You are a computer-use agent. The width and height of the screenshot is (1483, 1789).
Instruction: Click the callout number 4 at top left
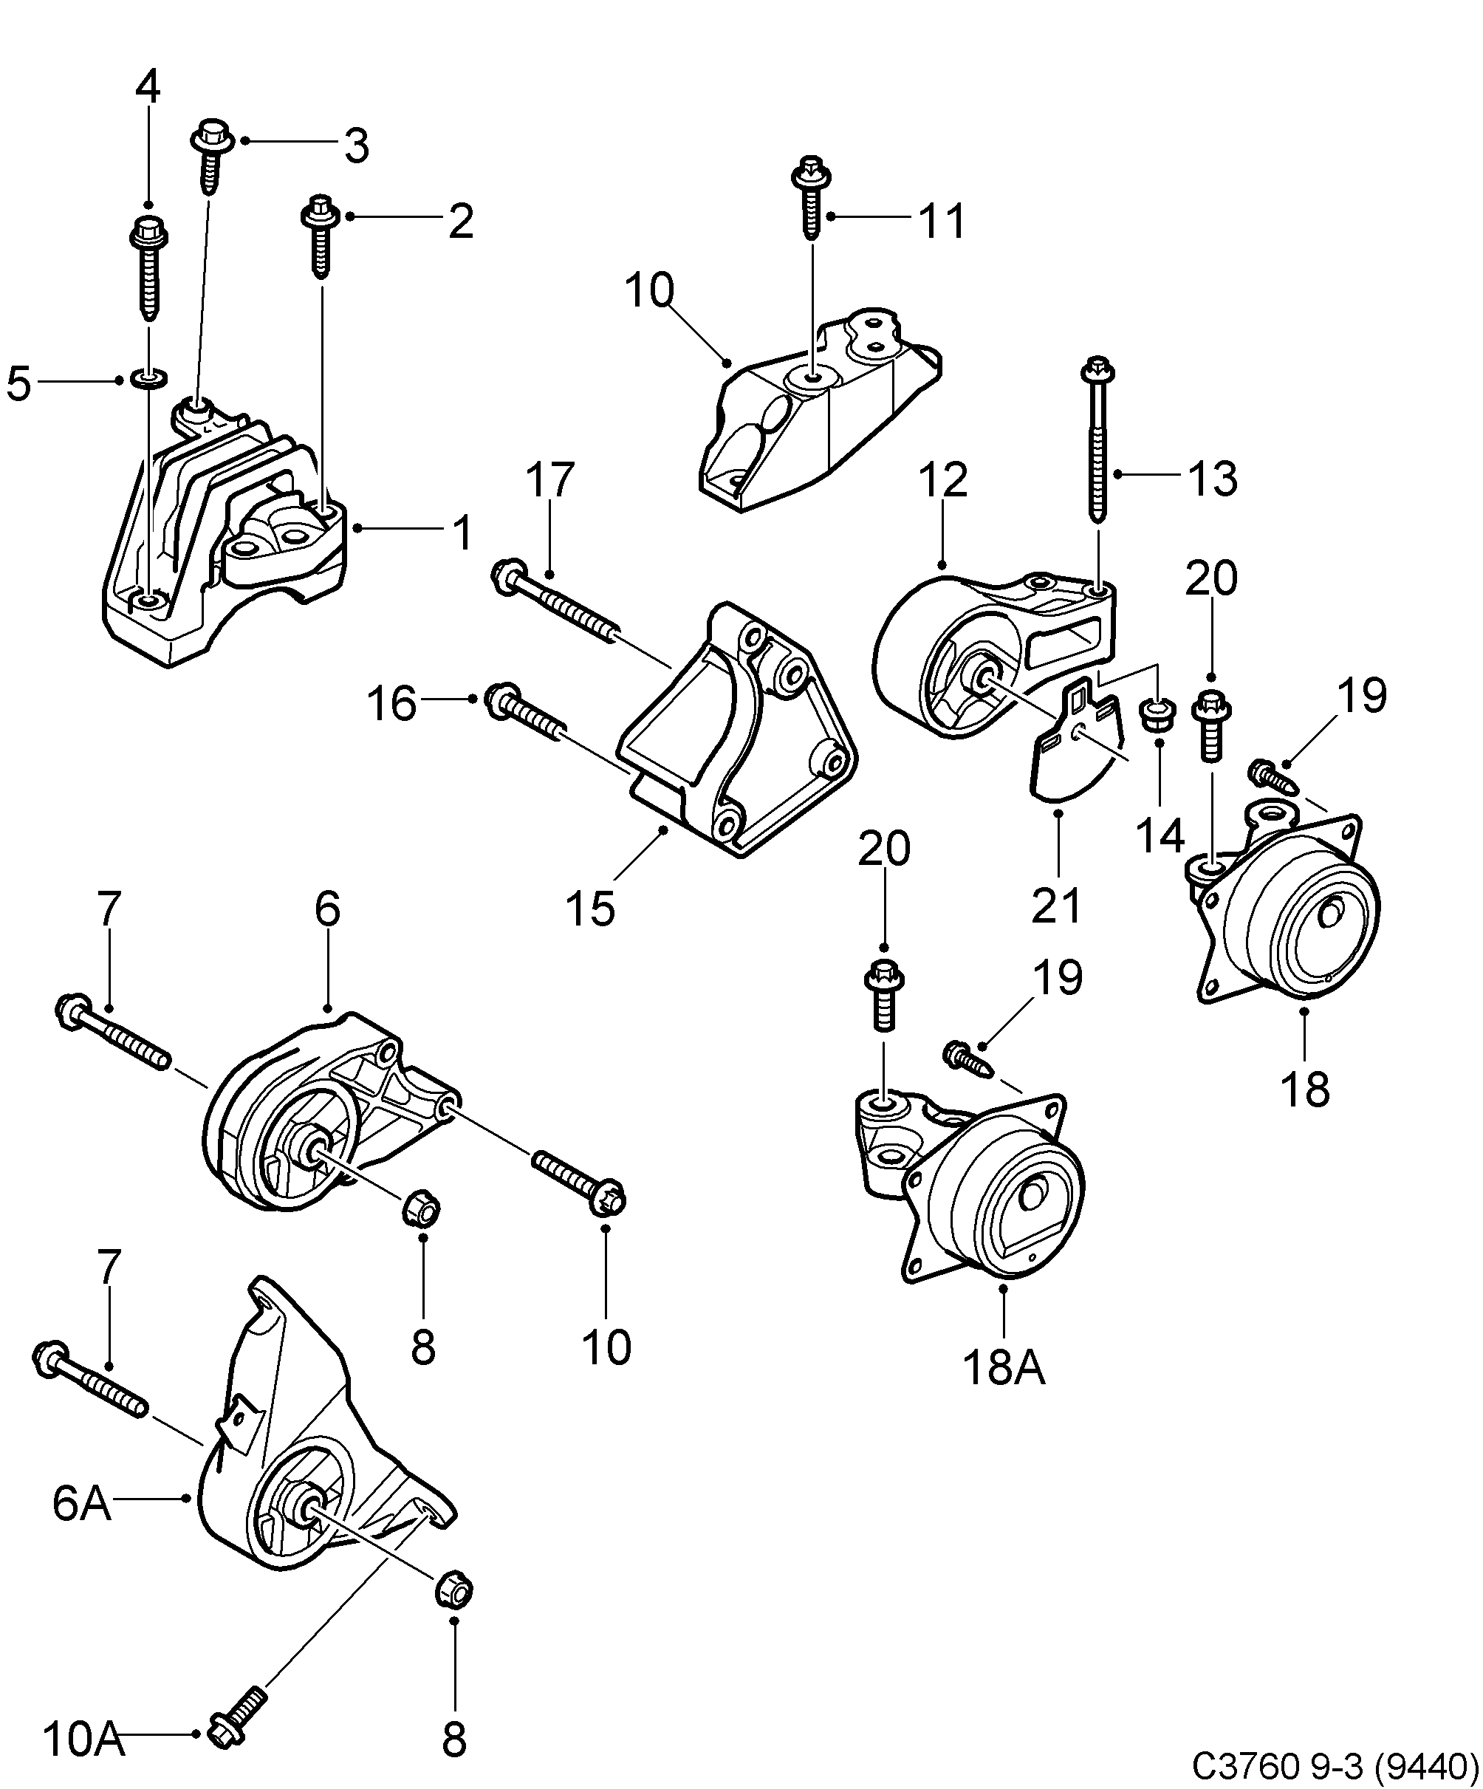click(148, 87)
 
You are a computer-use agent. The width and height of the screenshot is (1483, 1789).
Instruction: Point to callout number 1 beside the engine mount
click(461, 533)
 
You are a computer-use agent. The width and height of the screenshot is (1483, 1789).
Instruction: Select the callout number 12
click(943, 479)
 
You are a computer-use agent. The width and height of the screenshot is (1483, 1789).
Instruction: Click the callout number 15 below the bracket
click(589, 907)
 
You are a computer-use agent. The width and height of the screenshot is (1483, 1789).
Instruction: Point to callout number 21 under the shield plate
click(1056, 905)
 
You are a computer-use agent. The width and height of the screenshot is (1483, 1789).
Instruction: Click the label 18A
click(1004, 1368)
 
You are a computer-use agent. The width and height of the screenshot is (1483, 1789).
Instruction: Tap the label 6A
click(82, 1504)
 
